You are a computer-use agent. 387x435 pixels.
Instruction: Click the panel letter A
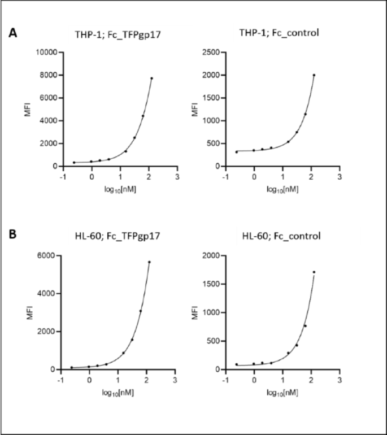coord(12,33)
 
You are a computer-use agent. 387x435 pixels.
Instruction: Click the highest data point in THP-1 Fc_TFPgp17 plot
coord(151,79)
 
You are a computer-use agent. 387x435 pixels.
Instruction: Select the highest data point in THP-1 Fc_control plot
coord(314,75)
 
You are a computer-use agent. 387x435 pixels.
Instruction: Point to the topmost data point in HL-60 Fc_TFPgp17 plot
coord(149,262)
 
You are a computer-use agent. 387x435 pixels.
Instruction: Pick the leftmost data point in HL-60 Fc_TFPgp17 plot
coord(72,367)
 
